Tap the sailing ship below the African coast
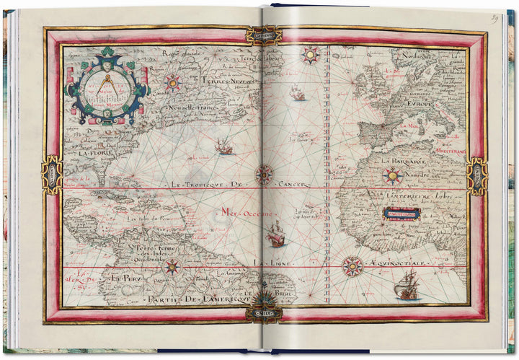[x=408, y=286]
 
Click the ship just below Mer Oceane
[x=276, y=234]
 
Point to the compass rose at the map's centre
[x=265, y=173]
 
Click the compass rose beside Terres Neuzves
[x=172, y=82]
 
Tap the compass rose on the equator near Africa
[x=352, y=265]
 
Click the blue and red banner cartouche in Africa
[x=402, y=214]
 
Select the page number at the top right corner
[x=496, y=17]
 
